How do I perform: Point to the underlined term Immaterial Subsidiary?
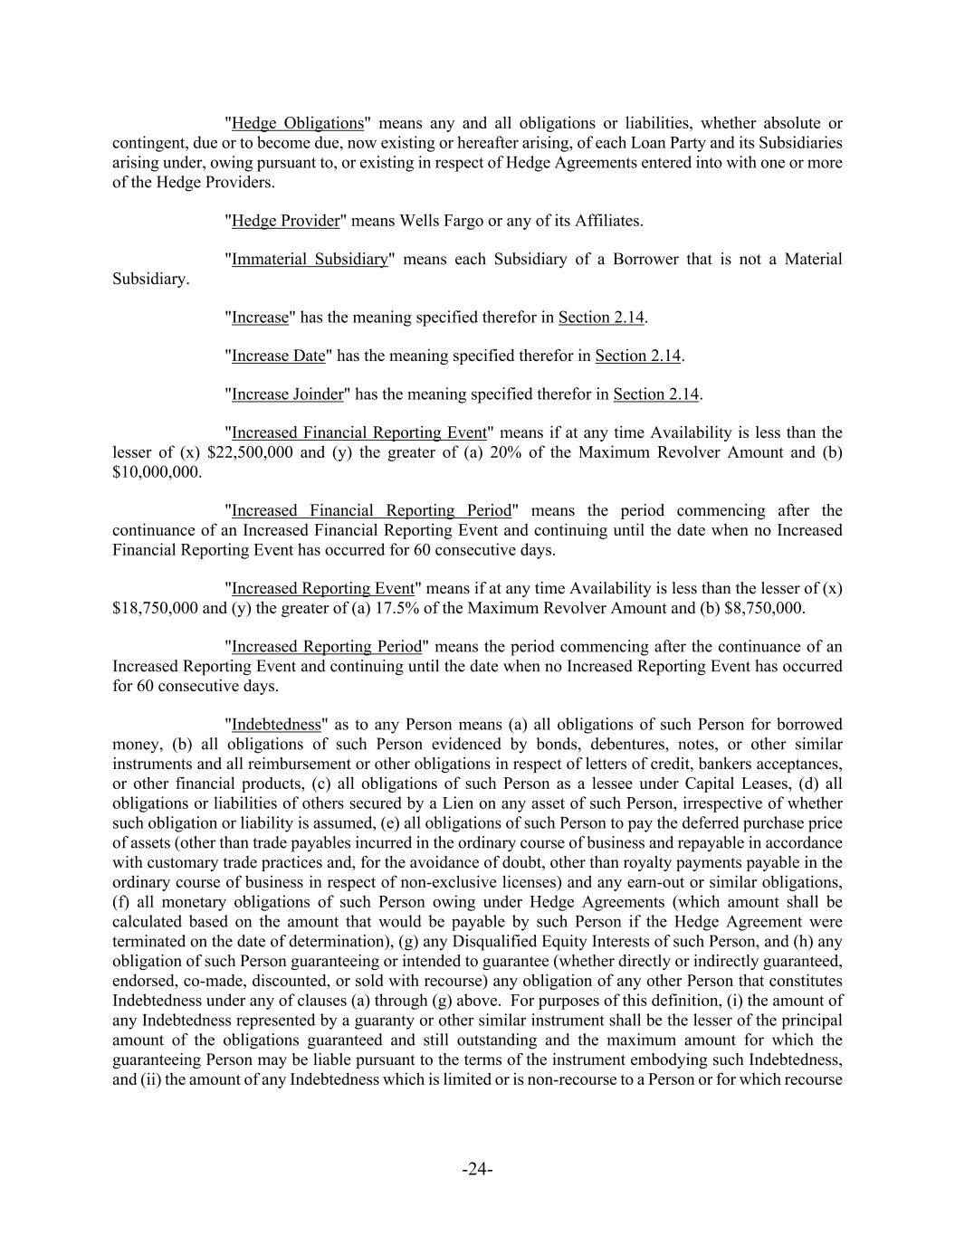pyautogui.click(x=310, y=260)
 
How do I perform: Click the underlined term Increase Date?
pyautogui.click(x=278, y=356)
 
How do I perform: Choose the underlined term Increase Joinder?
pyautogui.click(x=288, y=394)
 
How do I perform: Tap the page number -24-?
pyautogui.click(x=477, y=1170)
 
